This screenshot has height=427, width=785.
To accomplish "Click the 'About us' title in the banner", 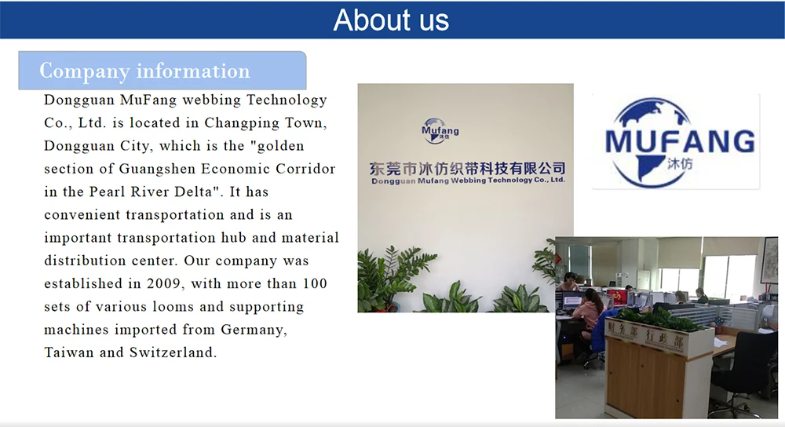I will pyautogui.click(x=391, y=20).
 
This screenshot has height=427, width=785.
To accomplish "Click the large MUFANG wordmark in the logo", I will pyautogui.click(x=680, y=141).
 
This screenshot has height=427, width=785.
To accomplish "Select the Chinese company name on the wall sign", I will pyautogui.click(x=467, y=168).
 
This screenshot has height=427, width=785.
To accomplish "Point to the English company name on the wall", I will pyautogui.click(x=467, y=181).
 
